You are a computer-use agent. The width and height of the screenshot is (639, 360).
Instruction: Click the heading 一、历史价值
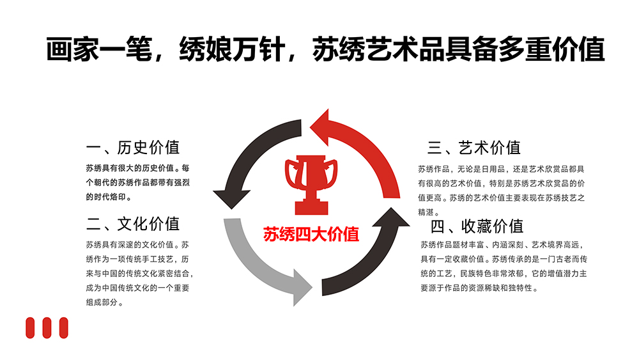click(133, 148)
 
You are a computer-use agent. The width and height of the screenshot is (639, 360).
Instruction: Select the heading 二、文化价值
click(133, 224)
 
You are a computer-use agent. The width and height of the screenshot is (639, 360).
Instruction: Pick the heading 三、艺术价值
click(474, 148)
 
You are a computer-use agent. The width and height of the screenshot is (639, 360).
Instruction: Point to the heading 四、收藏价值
click(477, 226)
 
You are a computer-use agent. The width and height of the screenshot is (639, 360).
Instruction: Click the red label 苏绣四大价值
click(311, 235)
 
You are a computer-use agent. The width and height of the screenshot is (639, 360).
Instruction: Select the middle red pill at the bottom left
click(47, 327)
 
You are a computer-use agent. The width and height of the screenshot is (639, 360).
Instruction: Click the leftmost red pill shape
click(29, 327)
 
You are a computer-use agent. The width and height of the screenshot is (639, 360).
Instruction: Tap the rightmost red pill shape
click(63, 327)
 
